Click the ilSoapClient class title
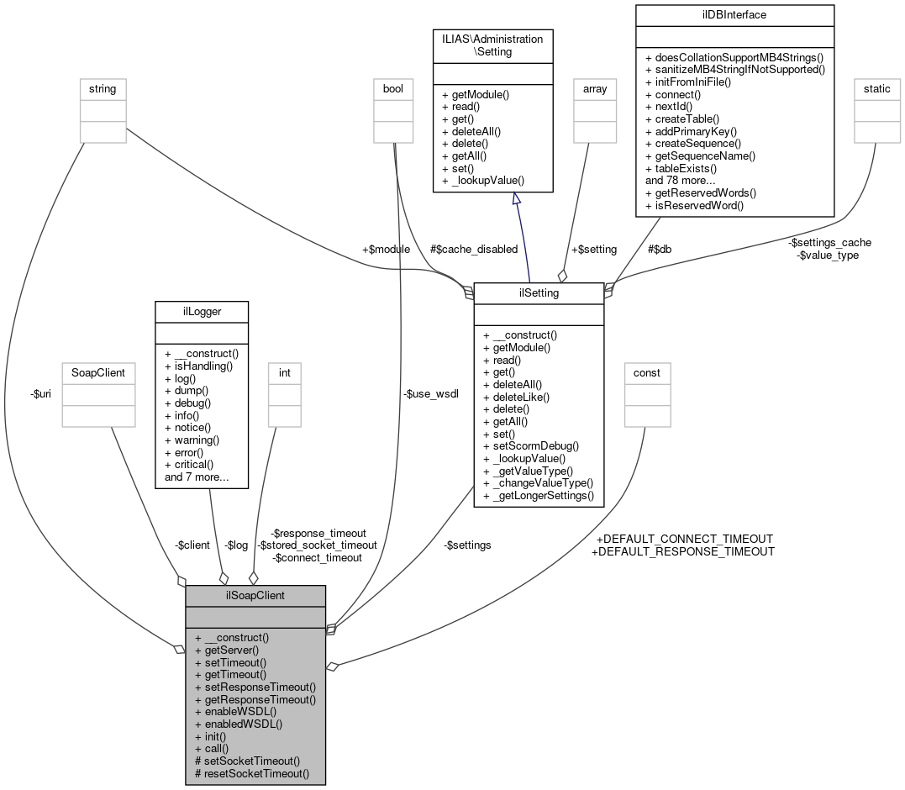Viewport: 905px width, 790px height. click(x=255, y=596)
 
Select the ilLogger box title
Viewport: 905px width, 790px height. click(x=201, y=310)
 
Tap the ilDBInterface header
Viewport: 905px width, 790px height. click(x=734, y=14)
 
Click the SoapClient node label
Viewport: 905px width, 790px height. click(x=98, y=372)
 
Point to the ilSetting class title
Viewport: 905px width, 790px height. click(x=539, y=292)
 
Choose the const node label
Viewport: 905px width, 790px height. click(x=646, y=372)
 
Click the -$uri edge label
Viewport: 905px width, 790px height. click(x=40, y=393)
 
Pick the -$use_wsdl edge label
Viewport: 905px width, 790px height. click(x=431, y=393)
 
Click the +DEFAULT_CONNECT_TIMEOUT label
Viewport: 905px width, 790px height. click(x=683, y=539)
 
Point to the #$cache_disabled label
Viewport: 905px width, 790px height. click(x=473, y=249)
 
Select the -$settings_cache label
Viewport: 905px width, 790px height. click(x=829, y=242)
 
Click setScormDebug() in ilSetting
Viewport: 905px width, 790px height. click(x=531, y=446)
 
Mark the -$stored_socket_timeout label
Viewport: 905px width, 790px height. click(x=317, y=545)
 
